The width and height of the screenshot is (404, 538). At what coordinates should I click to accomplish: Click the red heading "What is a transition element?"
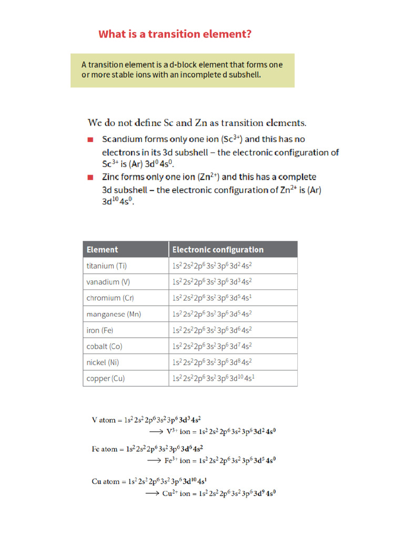[x=175, y=34]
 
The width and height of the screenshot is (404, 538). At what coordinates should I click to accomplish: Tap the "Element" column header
[x=102, y=250]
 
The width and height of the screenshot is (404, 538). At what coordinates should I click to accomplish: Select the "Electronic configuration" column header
[x=218, y=250]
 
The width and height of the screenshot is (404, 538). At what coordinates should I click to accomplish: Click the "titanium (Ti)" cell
[x=107, y=266]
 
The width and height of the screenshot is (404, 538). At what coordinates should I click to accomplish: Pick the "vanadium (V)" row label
[x=108, y=282]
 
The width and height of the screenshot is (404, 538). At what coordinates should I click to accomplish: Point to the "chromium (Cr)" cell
[x=110, y=298]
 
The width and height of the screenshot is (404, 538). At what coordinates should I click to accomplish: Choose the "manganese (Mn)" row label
[x=114, y=314]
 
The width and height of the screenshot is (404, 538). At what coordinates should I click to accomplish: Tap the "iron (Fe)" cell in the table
[x=100, y=330]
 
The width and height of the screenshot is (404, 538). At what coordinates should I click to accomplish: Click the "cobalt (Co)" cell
[x=104, y=346]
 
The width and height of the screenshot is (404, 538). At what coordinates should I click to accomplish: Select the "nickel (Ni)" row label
[x=103, y=363]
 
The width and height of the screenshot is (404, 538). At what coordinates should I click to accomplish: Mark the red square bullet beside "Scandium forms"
[x=90, y=140]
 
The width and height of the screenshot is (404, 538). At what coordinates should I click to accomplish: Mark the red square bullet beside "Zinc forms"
[x=90, y=177]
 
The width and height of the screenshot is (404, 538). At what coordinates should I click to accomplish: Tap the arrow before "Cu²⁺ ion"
[x=152, y=493]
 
